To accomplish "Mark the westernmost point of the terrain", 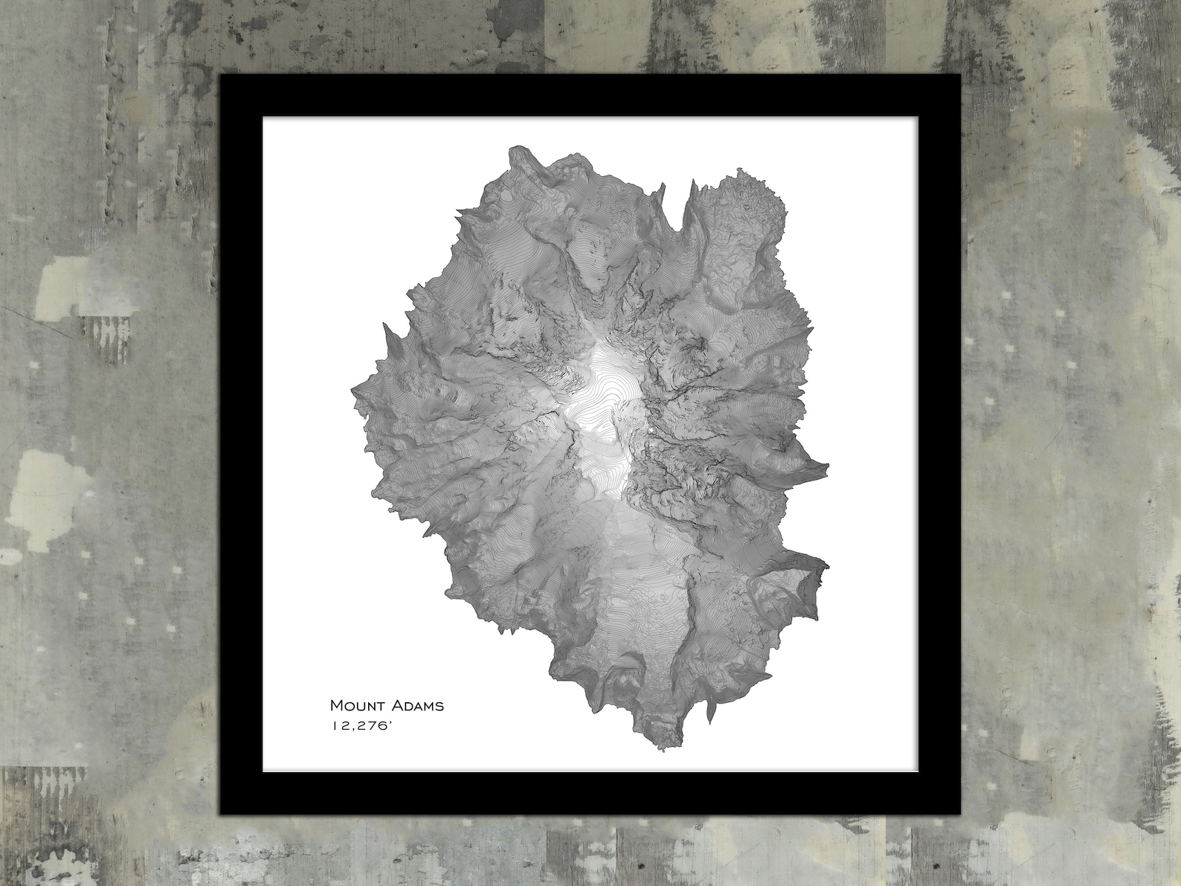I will (x=352, y=389).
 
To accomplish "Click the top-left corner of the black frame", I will (x=221, y=76).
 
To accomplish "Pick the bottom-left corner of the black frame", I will (x=221, y=813).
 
